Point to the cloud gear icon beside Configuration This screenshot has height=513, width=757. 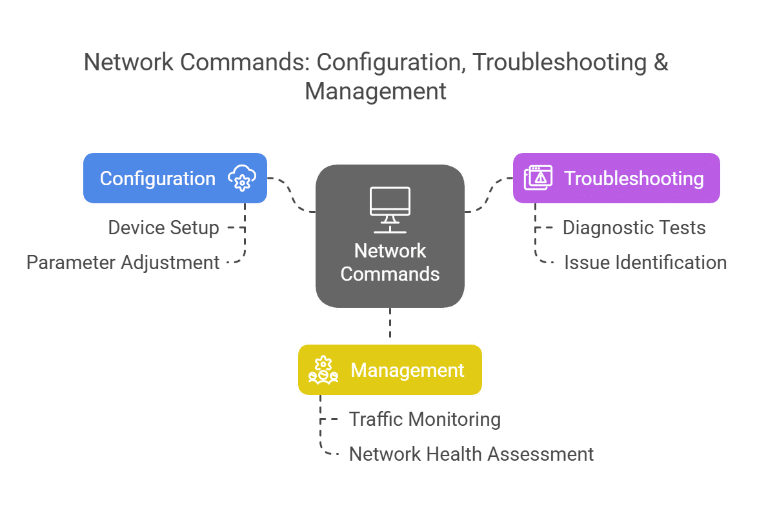click(242, 178)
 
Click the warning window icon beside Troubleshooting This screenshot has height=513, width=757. click(538, 178)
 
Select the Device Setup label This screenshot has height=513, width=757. click(163, 228)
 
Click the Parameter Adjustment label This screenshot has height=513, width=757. click(123, 263)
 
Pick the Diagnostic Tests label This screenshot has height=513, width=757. click(634, 228)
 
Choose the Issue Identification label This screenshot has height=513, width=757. click(645, 263)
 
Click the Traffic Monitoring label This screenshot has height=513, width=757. click(425, 419)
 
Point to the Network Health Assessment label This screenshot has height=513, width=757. click(471, 454)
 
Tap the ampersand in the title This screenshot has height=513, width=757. click(660, 63)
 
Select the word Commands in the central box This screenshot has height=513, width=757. click(390, 274)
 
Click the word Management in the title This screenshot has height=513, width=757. click(376, 91)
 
